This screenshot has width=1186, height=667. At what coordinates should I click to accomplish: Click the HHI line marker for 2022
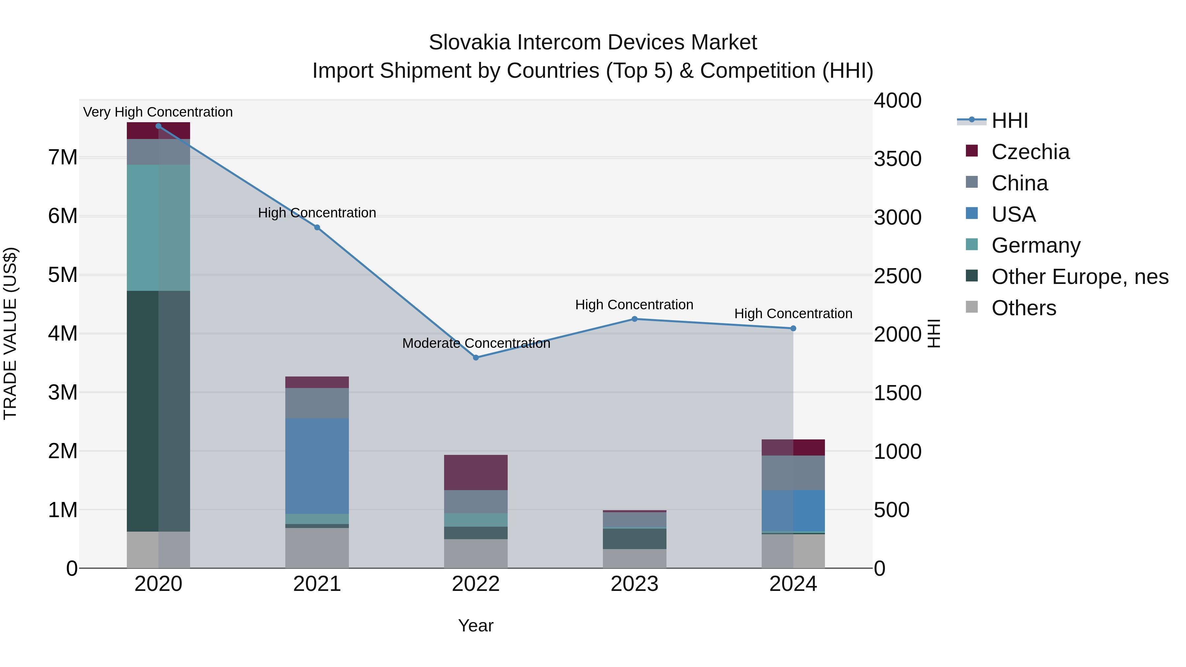tap(476, 358)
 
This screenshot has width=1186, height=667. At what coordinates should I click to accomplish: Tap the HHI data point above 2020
tap(158, 126)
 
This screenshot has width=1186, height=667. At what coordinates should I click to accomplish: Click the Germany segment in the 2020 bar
tap(158, 228)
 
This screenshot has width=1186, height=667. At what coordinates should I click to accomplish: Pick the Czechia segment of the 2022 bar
tap(476, 473)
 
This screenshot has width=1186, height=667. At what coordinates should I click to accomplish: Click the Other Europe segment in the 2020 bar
tap(158, 411)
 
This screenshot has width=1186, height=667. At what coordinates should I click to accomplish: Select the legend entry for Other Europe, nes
tap(1080, 277)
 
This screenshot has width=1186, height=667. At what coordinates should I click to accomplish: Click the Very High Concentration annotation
tap(158, 112)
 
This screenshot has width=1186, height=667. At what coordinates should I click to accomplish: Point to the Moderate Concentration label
tap(476, 344)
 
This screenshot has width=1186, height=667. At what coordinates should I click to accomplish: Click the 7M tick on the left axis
tap(63, 157)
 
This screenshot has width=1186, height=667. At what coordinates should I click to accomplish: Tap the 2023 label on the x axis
tap(635, 584)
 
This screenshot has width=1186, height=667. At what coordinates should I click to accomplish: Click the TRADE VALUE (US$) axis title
tap(10, 333)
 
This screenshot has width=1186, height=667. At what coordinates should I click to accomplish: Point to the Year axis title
tap(476, 625)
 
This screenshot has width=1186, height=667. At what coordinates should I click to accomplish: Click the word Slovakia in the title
tap(469, 42)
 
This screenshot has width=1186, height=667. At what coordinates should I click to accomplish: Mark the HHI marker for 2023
tap(635, 319)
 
